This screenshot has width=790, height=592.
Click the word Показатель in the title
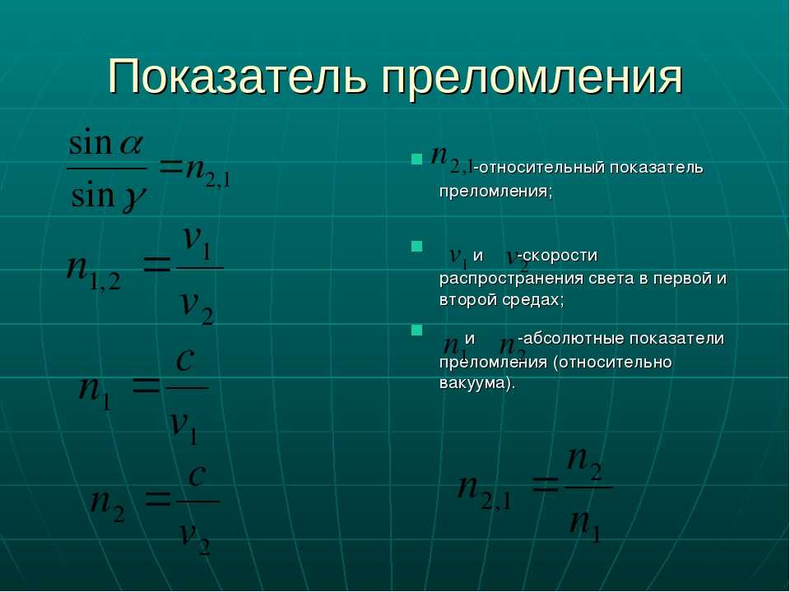[236, 77]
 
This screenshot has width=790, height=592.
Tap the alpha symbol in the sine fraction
[131, 145]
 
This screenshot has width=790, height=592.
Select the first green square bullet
[416, 160]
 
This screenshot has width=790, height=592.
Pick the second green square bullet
[416, 246]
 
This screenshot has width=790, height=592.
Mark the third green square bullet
[416, 330]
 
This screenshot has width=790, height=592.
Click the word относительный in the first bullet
[541, 168]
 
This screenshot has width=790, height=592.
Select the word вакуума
[474, 383]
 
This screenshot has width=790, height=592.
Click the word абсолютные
[575, 338]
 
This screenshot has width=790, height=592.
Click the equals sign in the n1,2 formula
[157, 265]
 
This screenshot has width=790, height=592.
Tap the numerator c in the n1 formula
[185, 359]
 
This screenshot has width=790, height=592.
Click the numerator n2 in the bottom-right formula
[584, 463]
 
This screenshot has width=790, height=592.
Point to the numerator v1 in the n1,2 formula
[197, 242]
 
